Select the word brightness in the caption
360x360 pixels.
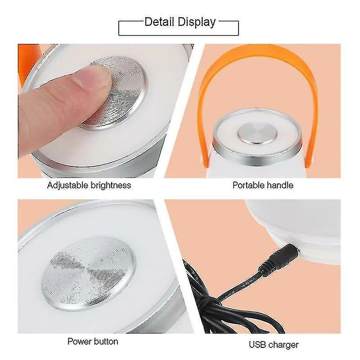tap(110, 185)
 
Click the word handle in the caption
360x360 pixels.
tap(281, 185)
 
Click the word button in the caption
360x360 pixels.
tap(106, 341)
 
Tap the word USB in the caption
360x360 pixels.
tap(258, 345)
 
